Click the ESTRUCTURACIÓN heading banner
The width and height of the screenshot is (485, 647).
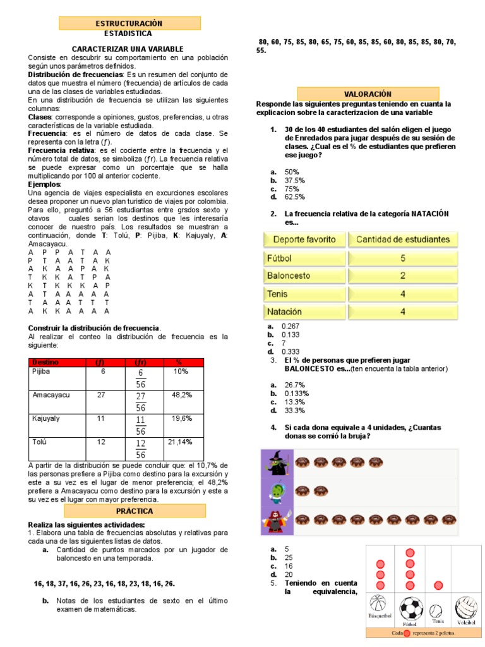tap(129, 23)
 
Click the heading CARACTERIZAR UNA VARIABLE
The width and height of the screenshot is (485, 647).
tap(128, 49)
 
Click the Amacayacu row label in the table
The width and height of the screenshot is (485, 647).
tap(51, 395)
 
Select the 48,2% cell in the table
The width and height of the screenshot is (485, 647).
tap(182, 395)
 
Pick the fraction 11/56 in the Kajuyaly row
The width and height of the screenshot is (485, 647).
tap(140, 424)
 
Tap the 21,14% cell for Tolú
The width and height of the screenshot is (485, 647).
tap(180, 442)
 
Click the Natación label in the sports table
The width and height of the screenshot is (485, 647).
tap(284, 311)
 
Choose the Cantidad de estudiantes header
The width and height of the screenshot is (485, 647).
tap(403, 239)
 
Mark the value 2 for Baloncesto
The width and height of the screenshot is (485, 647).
tap(403, 275)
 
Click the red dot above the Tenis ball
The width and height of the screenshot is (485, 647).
tap(438, 586)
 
